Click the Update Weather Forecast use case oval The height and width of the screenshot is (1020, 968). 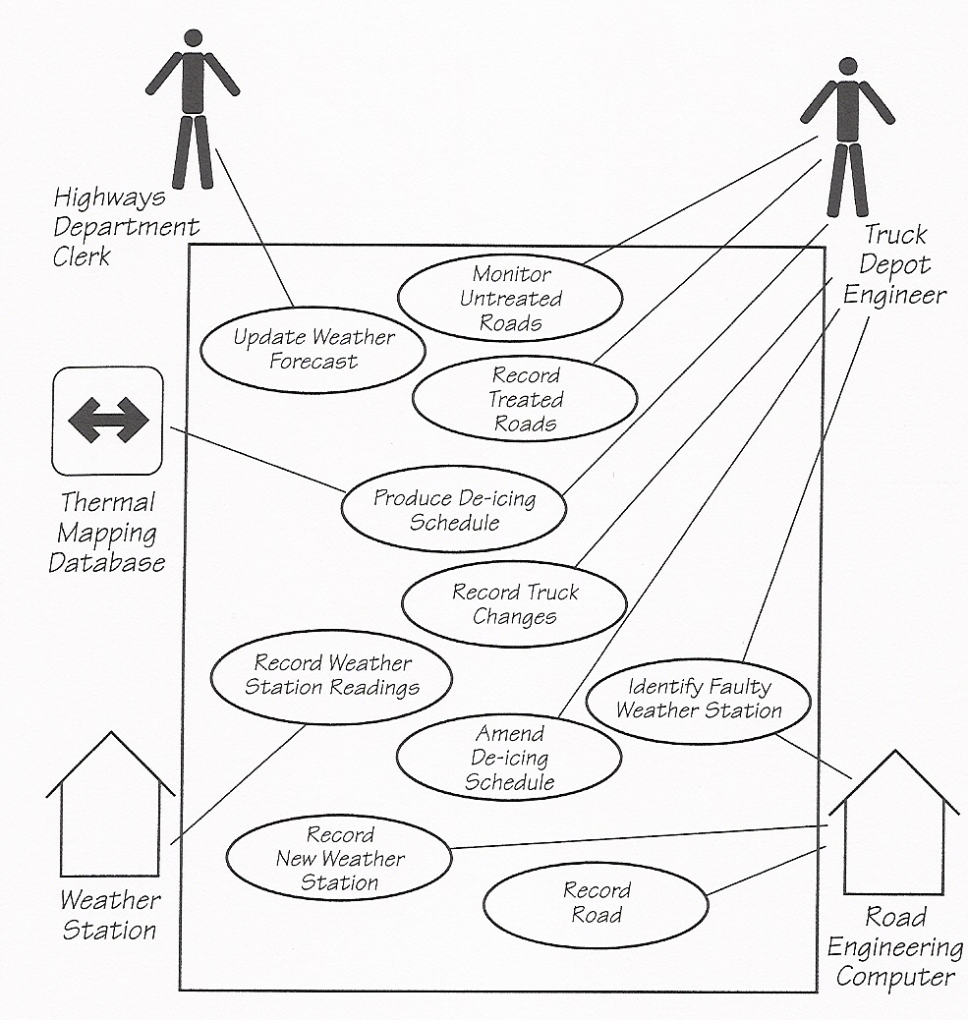coord(313,350)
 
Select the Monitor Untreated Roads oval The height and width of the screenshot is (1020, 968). coord(510,298)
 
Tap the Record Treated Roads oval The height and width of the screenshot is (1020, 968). coord(525,399)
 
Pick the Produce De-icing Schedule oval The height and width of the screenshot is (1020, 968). coord(454,509)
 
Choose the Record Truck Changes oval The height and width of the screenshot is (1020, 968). coord(514,604)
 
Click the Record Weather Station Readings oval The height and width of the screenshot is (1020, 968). coord(332,675)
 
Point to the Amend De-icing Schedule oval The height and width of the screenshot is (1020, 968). coord(509,758)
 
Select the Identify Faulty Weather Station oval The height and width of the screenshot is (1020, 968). coord(699,699)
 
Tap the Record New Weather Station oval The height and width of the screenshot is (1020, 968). coord(339,858)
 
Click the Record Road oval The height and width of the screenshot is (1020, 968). coord(597,903)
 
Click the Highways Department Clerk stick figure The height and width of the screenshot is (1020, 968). coord(193,108)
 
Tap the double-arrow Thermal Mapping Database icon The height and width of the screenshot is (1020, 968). coord(108,421)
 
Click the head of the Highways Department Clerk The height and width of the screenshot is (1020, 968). coord(193,37)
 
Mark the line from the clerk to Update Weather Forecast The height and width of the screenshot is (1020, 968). coord(254,226)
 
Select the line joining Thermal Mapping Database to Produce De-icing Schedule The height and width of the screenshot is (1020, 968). coord(256,459)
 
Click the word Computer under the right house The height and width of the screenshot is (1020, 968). coord(894,977)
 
